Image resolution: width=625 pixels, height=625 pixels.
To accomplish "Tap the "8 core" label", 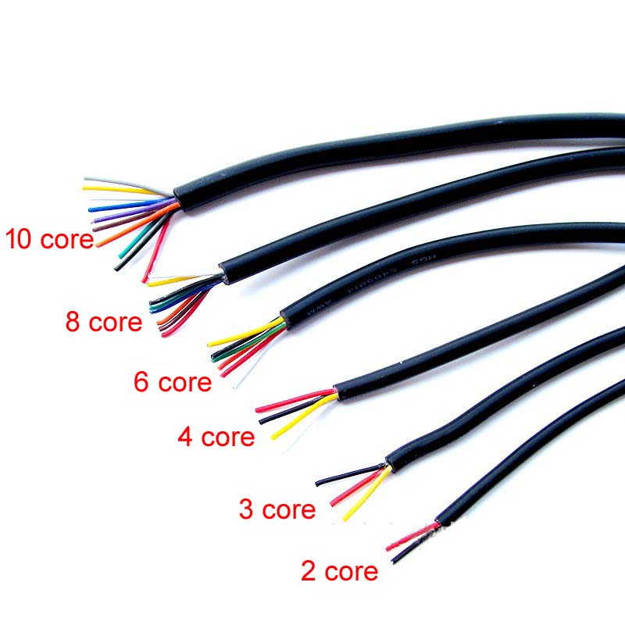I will coord(104,321).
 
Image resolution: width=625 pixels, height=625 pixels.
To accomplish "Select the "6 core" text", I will coord(173,383).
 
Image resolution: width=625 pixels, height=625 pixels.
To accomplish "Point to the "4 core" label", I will coord(216,437).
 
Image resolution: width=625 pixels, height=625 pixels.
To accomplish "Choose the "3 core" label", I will coord(277,510).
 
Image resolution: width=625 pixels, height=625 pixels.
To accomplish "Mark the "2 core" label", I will coord(339,571).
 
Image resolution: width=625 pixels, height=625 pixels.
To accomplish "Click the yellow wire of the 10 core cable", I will coord(117,188).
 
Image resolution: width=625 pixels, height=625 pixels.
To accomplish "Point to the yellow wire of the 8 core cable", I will coord(176,280).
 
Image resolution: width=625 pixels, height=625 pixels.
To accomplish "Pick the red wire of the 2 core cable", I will coord(410,535).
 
